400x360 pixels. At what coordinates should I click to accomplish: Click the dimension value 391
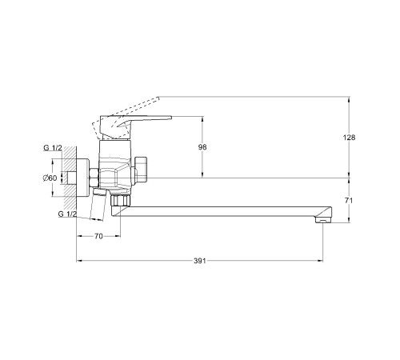[200, 261]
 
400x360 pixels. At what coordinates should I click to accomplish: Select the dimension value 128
[349, 138]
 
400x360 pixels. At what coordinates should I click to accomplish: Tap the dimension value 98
[202, 147]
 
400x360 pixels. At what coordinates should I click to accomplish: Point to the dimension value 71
[349, 200]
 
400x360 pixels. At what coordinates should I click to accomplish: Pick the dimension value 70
[98, 236]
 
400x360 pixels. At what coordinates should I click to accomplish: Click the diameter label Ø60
[50, 178]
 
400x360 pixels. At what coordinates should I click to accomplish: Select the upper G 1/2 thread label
[53, 148]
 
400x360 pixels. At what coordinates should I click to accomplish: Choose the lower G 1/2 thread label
[67, 214]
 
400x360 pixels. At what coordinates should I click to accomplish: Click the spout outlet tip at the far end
[323, 220]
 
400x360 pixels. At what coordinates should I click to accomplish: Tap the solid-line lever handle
[134, 126]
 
